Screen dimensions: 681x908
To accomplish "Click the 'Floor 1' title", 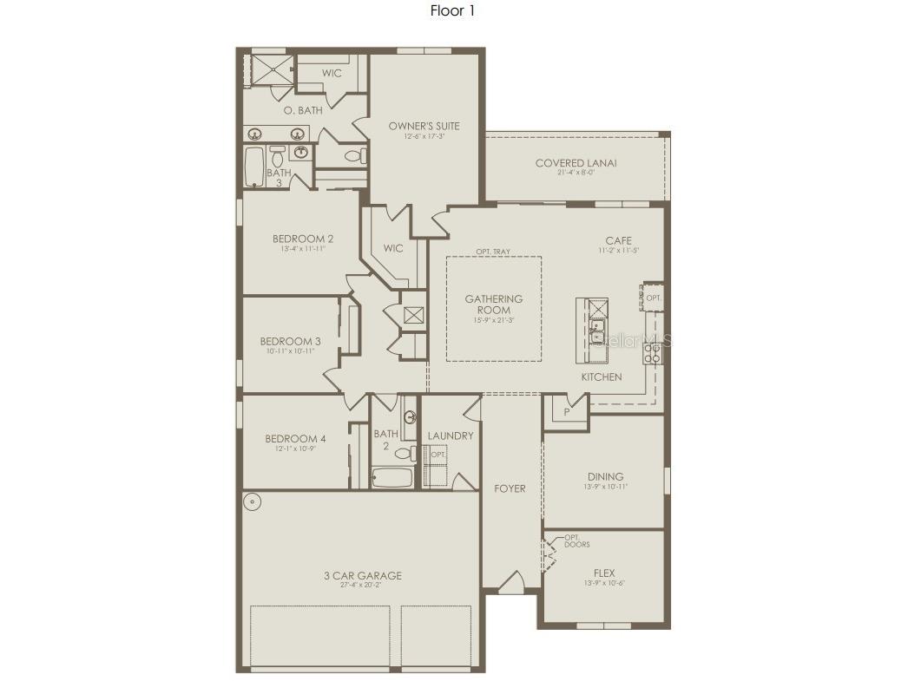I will (x=452, y=11).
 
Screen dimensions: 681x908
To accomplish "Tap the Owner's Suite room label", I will (x=424, y=127).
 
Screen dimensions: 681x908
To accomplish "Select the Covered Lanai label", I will (x=576, y=163).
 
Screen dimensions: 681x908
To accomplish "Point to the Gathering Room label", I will (x=493, y=304).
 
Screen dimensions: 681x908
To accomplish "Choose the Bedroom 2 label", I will (x=302, y=239).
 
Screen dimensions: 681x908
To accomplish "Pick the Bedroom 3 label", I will (x=290, y=342).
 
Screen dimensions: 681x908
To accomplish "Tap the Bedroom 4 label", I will (x=295, y=439).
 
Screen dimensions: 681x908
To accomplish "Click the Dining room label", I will (x=604, y=476).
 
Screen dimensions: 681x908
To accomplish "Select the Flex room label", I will (x=603, y=573).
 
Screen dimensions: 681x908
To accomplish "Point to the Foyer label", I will (x=510, y=488).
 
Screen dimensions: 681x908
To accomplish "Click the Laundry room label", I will (x=451, y=435).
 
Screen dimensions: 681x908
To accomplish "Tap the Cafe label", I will (x=618, y=241).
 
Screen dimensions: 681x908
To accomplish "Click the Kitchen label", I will (x=601, y=377).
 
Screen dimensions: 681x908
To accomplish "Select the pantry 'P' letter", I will (x=566, y=412).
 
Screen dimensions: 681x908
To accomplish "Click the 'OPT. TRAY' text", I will (x=492, y=252).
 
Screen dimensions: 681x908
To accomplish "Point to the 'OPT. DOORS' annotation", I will (x=576, y=540).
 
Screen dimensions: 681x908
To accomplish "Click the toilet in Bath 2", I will (x=405, y=453).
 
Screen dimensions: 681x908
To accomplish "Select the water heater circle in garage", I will (x=252, y=501).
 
